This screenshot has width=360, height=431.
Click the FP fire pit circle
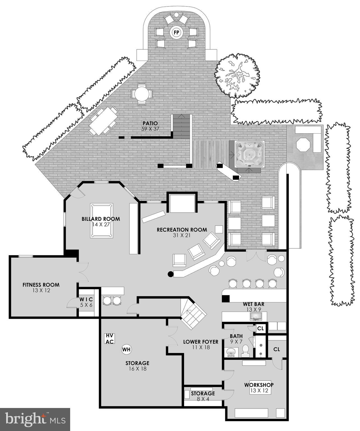click(x=176, y=33)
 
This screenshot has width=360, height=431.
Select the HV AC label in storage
click(x=109, y=338)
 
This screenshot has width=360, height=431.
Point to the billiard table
click(x=102, y=221)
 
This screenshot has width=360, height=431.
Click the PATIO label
click(x=150, y=123)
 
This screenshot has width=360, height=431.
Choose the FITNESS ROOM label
click(x=41, y=285)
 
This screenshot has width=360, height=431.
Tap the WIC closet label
click(x=86, y=299)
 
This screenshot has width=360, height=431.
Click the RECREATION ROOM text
click(x=182, y=230)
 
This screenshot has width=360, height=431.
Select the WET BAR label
click(x=253, y=304)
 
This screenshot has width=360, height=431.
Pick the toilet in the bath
click(x=245, y=351)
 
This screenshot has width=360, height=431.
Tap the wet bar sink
click(x=256, y=317)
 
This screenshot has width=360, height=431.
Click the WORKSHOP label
click(x=259, y=385)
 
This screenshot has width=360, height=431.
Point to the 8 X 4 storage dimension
click(x=203, y=398)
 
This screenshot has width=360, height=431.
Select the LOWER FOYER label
click(x=201, y=342)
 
